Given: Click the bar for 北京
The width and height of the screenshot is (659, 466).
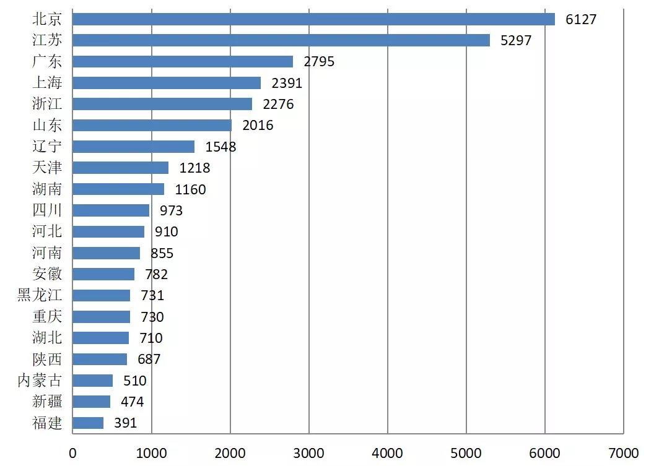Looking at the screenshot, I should [x=313, y=19].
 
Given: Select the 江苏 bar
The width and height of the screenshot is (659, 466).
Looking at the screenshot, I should [x=281, y=40].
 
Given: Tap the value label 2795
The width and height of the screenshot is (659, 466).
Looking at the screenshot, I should [x=319, y=62].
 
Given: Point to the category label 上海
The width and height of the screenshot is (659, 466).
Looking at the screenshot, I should [x=47, y=82].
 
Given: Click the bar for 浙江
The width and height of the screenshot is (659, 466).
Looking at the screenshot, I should [x=162, y=104].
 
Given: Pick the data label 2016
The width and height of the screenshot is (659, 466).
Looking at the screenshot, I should [x=258, y=126].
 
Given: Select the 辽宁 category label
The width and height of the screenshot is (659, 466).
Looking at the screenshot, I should [x=47, y=147].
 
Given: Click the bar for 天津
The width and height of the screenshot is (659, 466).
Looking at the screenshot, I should [x=120, y=168].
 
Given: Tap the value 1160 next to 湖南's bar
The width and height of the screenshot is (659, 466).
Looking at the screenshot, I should [x=191, y=189].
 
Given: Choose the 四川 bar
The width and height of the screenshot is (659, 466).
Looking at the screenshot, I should [x=111, y=210].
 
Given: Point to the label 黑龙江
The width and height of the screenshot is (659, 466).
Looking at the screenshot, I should [x=40, y=295].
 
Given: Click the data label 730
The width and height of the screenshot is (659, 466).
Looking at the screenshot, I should [x=152, y=317].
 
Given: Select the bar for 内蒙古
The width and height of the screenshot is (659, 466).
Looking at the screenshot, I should [x=93, y=381].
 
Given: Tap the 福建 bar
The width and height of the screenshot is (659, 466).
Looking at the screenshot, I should [x=88, y=423].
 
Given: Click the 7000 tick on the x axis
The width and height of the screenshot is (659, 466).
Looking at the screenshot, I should [x=623, y=452].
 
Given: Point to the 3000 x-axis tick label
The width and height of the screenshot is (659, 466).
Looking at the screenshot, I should [x=308, y=452].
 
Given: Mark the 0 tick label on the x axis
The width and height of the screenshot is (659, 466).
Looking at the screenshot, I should [x=73, y=452].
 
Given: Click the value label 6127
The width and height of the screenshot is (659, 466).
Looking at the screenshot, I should [x=581, y=19].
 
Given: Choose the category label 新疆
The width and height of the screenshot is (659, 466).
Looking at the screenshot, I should [x=47, y=402].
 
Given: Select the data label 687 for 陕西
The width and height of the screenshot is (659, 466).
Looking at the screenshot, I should [x=149, y=359].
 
